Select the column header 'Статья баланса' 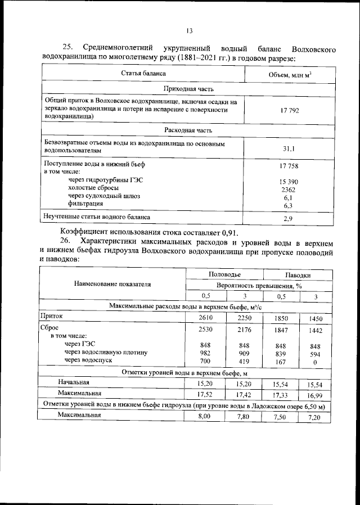click(x=143, y=74)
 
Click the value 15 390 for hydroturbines click(x=288, y=182)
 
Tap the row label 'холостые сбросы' click(x=94, y=188)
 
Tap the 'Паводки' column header click(x=298, y=274)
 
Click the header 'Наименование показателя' click(x=112, y=285)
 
